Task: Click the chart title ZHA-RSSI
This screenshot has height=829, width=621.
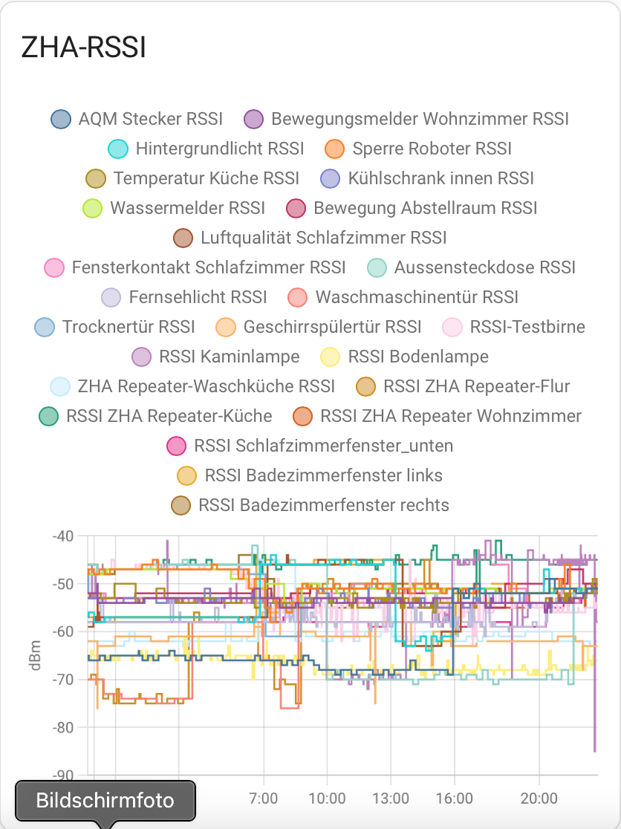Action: click(x=83, y=48)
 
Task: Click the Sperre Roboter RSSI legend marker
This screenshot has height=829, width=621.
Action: click(x=335, y=149)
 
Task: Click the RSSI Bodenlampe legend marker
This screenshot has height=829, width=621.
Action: click(x=329, y=357)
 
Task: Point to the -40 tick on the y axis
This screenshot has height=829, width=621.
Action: click(x=64, y=536)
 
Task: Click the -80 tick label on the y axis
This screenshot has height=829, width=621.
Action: click(x=64, y=727)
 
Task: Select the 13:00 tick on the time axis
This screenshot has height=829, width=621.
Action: click(x=391, y=799)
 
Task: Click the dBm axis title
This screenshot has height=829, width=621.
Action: click(x=35, y=655)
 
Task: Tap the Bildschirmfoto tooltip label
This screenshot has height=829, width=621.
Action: click(x=105, y=801)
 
